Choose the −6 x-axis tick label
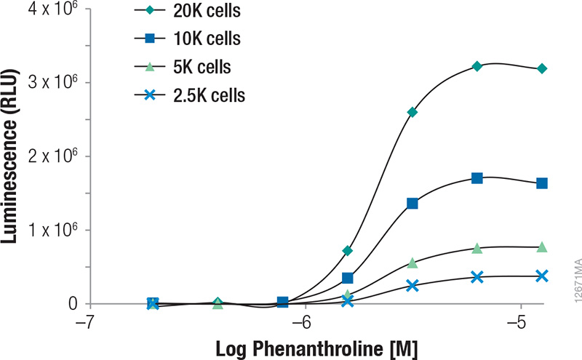tap(303, 321)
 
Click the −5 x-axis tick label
tap(519, 321)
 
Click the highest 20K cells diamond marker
tap(477, 66)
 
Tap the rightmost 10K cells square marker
tap(542, 183)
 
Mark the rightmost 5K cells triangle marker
tap(542, 247)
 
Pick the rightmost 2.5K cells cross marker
tap(542, 276)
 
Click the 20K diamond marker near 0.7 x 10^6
tap(348, 251)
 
